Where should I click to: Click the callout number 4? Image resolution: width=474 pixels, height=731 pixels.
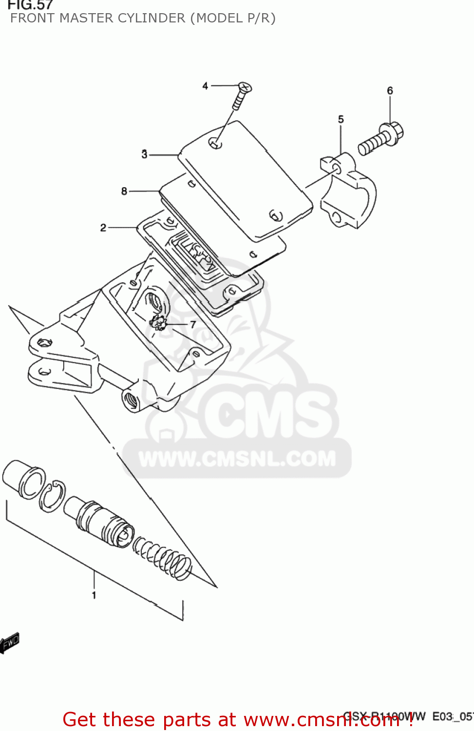click(x=205, y=86)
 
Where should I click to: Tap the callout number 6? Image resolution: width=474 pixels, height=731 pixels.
click(x=390, y=91)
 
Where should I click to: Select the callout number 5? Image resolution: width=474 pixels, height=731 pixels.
click(x=341, y=119)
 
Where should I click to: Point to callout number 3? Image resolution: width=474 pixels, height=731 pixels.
click(x=144, y=154)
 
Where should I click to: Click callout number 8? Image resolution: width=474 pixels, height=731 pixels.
click(x=124, y=192)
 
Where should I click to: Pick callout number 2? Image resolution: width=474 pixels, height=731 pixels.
click(x=103, y=228)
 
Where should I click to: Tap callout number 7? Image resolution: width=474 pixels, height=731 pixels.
click(x=193, y=325)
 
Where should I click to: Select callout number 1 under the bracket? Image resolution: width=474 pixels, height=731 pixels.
click(x=94, y=595)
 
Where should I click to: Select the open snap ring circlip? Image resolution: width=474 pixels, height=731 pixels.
click(x=52, y=496)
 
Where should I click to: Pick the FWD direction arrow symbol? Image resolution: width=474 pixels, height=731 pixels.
click(x=10, y=643)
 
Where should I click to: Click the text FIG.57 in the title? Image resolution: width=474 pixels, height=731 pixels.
click(x=30, y=5)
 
